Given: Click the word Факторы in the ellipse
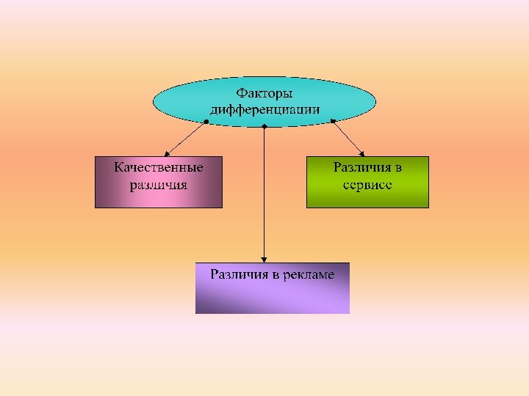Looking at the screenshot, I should click(x=264, y=94).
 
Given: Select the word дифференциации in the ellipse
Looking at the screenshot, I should click(x=264, y=109).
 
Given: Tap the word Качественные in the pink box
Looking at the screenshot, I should click(x=159, y=167).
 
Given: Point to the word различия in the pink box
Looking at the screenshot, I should click(x=159, y=184).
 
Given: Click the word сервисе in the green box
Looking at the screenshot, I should click(x=367, y=184).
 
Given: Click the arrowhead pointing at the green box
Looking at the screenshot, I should click(x=361, y=153).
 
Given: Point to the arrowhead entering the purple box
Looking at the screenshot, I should click(x=264, y=259).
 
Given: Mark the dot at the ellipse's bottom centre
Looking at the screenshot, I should click(x=264, y=127).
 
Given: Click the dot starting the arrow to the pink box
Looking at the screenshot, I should click(x=206, y=121).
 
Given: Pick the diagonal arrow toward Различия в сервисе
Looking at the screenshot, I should click(x=347, y=137).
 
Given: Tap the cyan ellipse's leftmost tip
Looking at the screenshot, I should click(x=154, y=103).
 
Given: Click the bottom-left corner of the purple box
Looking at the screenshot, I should click(x=196, y=313).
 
